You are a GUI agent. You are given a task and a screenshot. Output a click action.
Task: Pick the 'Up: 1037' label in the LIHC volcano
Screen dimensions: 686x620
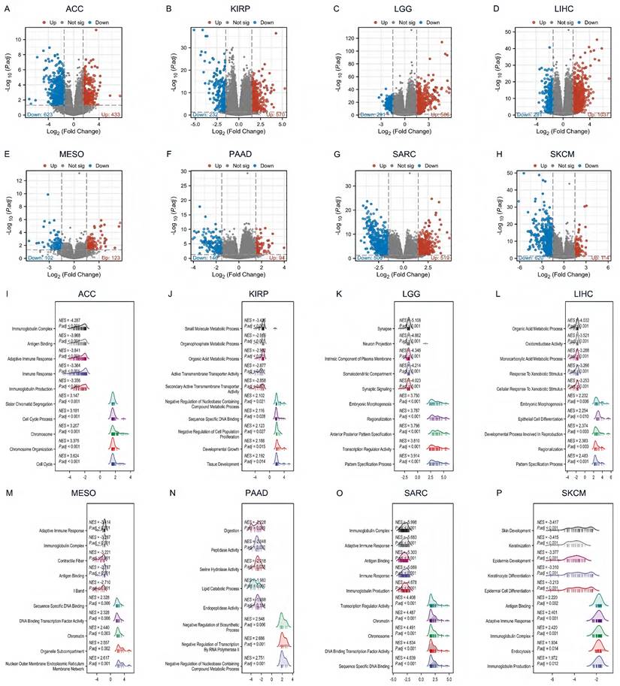pos(582,114)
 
